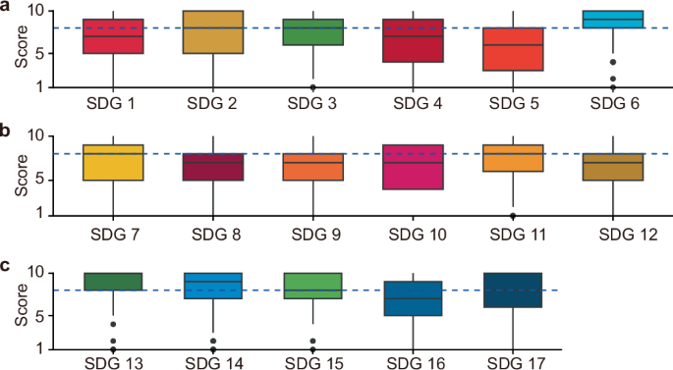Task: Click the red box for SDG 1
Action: (x=114, y=36)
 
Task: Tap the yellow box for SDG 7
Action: (x=114, y=163)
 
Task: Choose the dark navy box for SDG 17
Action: (x=513, y=291)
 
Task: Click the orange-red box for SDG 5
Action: (x=513, y=49)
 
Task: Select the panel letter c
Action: (x=7, y=264)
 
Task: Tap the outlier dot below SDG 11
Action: (x=513, y=215)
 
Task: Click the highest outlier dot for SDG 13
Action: (x=114, y=324)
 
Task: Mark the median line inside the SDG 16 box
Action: (x=414, y=298)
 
